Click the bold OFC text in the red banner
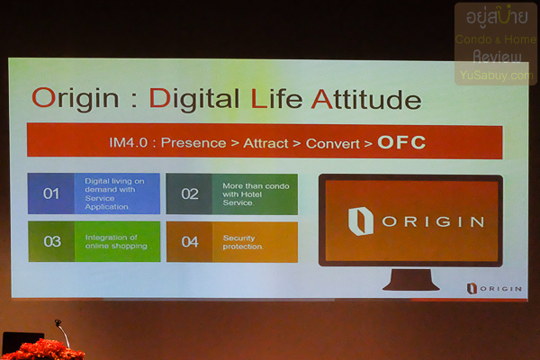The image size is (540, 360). click(401, 142)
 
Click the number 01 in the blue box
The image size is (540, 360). click(51, 193)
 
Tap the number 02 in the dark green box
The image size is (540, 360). click(190, 193)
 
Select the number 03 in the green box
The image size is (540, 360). click(52, 241)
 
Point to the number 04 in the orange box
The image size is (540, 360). click(190, 241)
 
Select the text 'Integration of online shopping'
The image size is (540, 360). click(117, 241)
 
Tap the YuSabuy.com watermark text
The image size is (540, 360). click(495, 76)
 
